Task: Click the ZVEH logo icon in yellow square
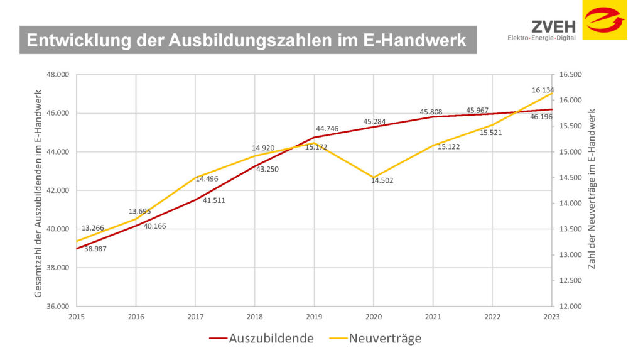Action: click(605, 19)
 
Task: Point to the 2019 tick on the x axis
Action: click(314, 317)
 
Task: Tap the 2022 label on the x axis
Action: click(492, 317)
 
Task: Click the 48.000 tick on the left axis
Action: click(58, 75)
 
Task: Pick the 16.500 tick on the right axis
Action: click(570, 75)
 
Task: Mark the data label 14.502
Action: click(382, 180)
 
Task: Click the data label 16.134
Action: click(543, 90)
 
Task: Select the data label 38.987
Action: click(95, 249)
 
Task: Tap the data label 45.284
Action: click(374, 122)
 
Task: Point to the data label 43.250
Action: click(268, 170)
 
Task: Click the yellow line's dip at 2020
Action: click(374, 177)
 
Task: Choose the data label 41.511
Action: click(213, 201)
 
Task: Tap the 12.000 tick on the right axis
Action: click(570, 306)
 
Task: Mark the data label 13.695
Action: click(140, 212)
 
